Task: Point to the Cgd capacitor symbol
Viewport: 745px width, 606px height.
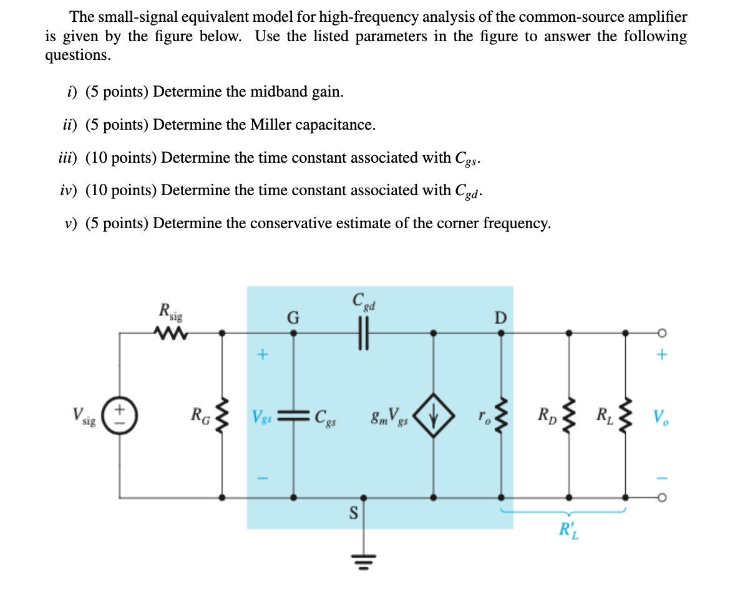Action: click(x=364, y=332)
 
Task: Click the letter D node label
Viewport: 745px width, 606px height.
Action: click(x=500, y=317)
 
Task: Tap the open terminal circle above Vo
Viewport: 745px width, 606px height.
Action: click(x=663, y=332)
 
